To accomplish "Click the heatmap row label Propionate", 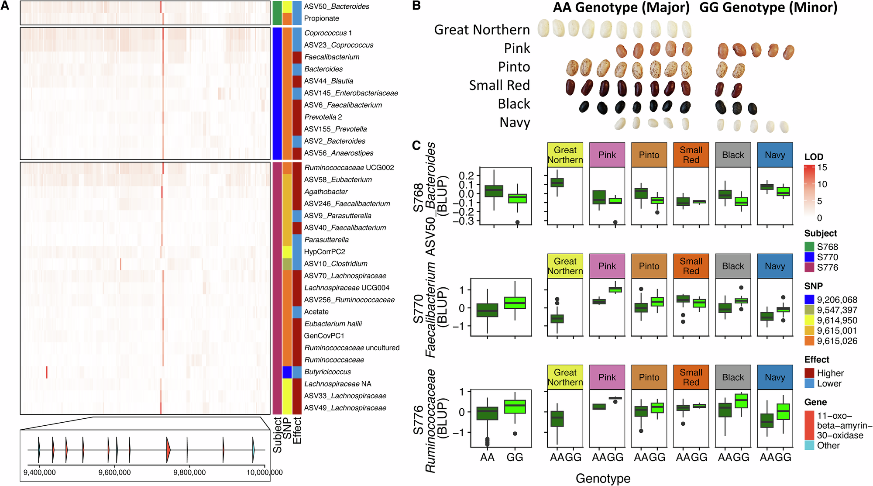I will pos(321,18).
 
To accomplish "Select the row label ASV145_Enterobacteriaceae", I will pos(351,93).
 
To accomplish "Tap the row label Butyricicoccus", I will pos(327,372).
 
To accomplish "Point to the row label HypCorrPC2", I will pos(324,252).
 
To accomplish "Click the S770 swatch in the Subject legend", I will pos(809,257).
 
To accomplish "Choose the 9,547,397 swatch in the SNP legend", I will pos(809,310).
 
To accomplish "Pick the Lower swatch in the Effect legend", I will pos(809,383).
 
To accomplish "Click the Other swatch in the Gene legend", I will pos(809,445).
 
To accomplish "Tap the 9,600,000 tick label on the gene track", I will pos(114,472).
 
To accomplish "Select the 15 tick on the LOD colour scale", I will pos(822,168).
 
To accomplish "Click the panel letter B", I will pos(416,6).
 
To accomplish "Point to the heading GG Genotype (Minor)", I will pos(768,8).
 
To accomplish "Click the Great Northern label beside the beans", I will pos(481,30).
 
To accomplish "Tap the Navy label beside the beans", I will pos(515,123).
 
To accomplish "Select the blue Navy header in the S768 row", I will pos(775,155).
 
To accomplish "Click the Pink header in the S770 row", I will pos(607,266).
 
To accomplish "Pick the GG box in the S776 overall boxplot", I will pos(515,407).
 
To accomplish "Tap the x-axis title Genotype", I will pos(603,479).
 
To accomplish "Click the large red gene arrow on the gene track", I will pos(168,450).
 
